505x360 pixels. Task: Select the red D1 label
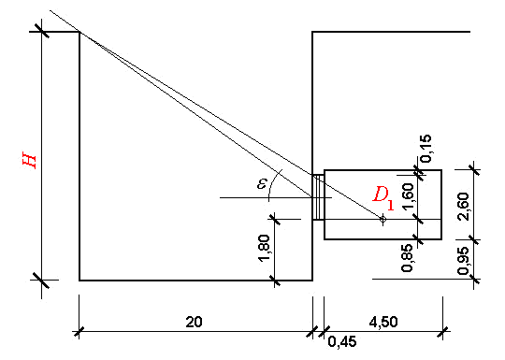(383, 199)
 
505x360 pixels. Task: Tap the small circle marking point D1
(382, 220)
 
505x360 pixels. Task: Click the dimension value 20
(194, 322)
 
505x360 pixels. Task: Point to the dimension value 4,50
(383, 322)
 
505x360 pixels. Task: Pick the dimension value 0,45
(342, 341)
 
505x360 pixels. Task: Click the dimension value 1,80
(264, 249)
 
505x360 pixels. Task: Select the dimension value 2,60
(463, 207)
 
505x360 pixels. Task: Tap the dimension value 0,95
(463, 261)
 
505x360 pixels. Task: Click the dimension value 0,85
(408, 258)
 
